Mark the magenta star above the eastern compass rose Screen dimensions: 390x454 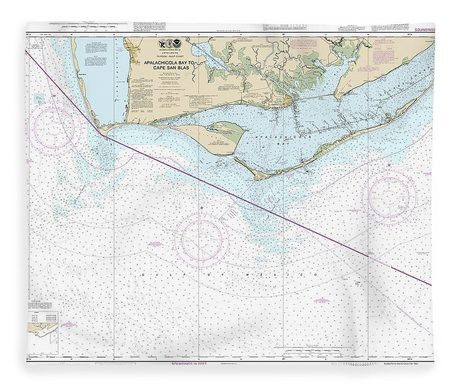[x=389, y=165]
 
